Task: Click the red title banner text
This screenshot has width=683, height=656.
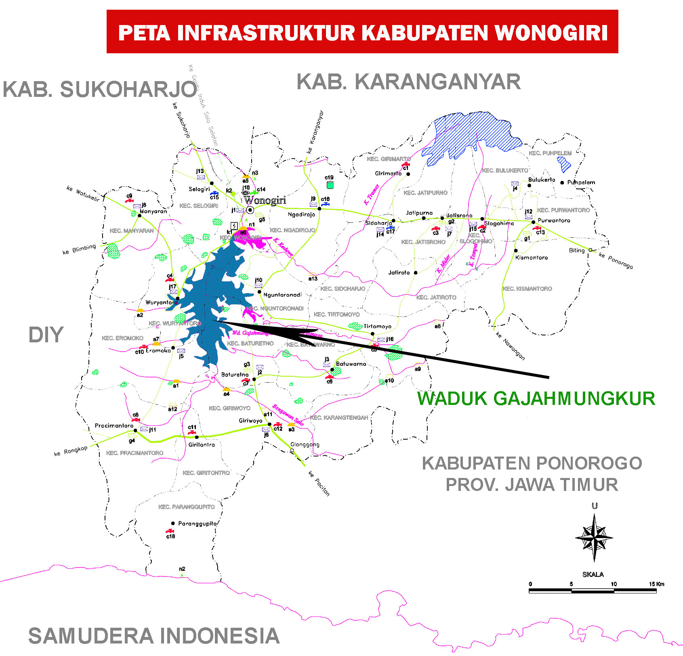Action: click(362, 32)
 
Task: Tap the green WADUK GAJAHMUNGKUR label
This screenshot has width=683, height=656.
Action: click(536, 398)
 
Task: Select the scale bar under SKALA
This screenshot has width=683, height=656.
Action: click(593, 591)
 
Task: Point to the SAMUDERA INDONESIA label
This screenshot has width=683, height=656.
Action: click(154, 636)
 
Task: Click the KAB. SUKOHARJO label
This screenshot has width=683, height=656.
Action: click(100, 89)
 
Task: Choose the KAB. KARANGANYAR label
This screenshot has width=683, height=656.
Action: click(408, 82)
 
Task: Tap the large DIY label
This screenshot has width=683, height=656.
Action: click(46, 335)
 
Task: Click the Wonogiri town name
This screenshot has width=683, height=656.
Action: click(265, 200)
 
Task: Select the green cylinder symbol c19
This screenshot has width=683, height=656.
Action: click(330, 185)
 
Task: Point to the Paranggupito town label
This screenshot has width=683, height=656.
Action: click(198, 523)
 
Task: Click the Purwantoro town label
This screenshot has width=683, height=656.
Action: click(554, 220)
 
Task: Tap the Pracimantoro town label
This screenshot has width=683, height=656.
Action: click(114, 425)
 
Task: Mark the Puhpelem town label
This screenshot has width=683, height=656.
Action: click(581, 182)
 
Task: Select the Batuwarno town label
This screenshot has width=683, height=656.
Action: click(351, 364)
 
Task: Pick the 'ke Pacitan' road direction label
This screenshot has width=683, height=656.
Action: click(319, 483)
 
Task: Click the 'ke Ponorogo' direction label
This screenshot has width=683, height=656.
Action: click(616, 260)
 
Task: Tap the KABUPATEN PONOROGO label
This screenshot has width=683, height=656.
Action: click(532, 463)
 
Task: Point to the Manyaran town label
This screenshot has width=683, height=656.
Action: click(153, 211)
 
